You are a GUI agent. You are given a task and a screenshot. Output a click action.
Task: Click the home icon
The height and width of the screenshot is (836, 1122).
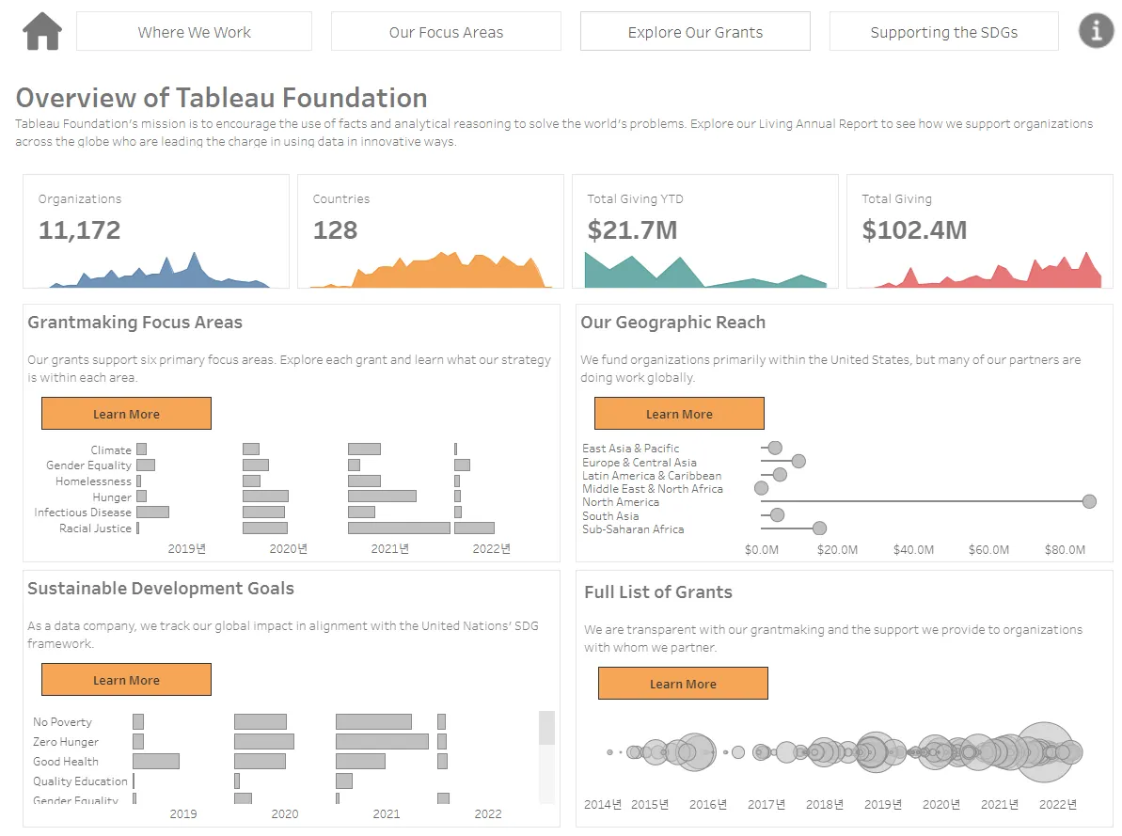click(x=42, y=31)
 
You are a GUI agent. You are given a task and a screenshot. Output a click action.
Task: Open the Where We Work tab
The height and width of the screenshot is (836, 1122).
click(x=194, y=32)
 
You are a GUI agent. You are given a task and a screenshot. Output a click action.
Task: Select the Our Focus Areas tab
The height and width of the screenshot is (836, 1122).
click(x=446, y=32)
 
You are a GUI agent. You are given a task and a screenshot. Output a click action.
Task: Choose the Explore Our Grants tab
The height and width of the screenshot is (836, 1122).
click(x=695, y=32)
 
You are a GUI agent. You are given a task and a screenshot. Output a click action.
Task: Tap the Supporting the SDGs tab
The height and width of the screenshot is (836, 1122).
click(x=943, y=32)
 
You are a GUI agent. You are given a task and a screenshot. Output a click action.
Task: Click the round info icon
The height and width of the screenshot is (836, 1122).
click(x=1096, y=31)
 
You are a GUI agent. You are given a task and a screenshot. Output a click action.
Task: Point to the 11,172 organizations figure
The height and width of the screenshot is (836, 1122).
click(x=80, y=230)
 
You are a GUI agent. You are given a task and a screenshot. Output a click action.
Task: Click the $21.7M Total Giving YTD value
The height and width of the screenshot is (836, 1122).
click(x=632, y=230)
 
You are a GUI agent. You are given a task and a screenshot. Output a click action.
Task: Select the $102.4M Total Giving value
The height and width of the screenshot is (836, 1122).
click(x=914, y=230)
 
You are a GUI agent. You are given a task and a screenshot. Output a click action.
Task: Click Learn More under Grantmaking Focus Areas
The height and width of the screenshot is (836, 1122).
click(x=126, y=414)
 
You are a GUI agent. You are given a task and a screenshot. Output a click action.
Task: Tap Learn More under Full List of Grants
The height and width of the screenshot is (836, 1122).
click(x=683, y=684)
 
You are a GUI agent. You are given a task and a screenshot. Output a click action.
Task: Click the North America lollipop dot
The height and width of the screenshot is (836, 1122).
click(x=1089, y=501)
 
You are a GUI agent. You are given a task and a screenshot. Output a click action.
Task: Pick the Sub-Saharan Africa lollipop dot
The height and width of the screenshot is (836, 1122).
click(x=819, y=528)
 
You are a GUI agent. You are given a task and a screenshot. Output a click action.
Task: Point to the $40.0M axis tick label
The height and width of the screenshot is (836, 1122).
click(x=913, y=549)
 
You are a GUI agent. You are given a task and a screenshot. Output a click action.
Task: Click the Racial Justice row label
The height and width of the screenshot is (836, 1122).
click(x=95, y=528)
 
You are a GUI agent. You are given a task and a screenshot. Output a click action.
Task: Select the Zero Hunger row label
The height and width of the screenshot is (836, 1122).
click(x=66, y=742)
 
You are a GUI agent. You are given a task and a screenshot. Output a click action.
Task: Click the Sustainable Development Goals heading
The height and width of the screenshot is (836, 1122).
click(x=161, y=589)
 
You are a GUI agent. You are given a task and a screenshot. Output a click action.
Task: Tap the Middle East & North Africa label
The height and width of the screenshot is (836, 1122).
click(x=653, y=489)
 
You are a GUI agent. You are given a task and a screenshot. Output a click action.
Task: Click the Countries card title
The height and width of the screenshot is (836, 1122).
click(x=340, y=199)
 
